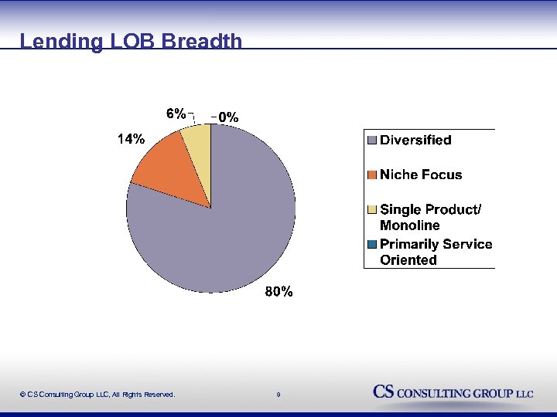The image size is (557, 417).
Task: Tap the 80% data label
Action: pos(278,292)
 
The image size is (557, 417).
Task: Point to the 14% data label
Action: pos(130,140)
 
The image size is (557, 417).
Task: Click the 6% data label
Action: pos(176,114)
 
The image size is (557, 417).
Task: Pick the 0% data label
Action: pos(227,117)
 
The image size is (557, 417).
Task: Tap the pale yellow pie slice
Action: pos(196,143)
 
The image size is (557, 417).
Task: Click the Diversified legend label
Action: pos(415,141)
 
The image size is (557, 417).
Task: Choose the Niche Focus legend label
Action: pos(420,175)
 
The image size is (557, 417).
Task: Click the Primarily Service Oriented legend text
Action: pos(436,252)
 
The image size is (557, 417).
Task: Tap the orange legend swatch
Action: pos(371,175)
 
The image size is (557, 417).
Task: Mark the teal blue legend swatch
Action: pos(371,244)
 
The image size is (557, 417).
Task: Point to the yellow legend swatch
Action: pos(371,209)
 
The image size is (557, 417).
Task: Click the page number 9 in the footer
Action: pos(278,395)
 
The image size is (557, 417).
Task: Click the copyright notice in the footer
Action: pos(97,395)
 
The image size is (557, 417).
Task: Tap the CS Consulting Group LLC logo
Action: pos(453,392)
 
